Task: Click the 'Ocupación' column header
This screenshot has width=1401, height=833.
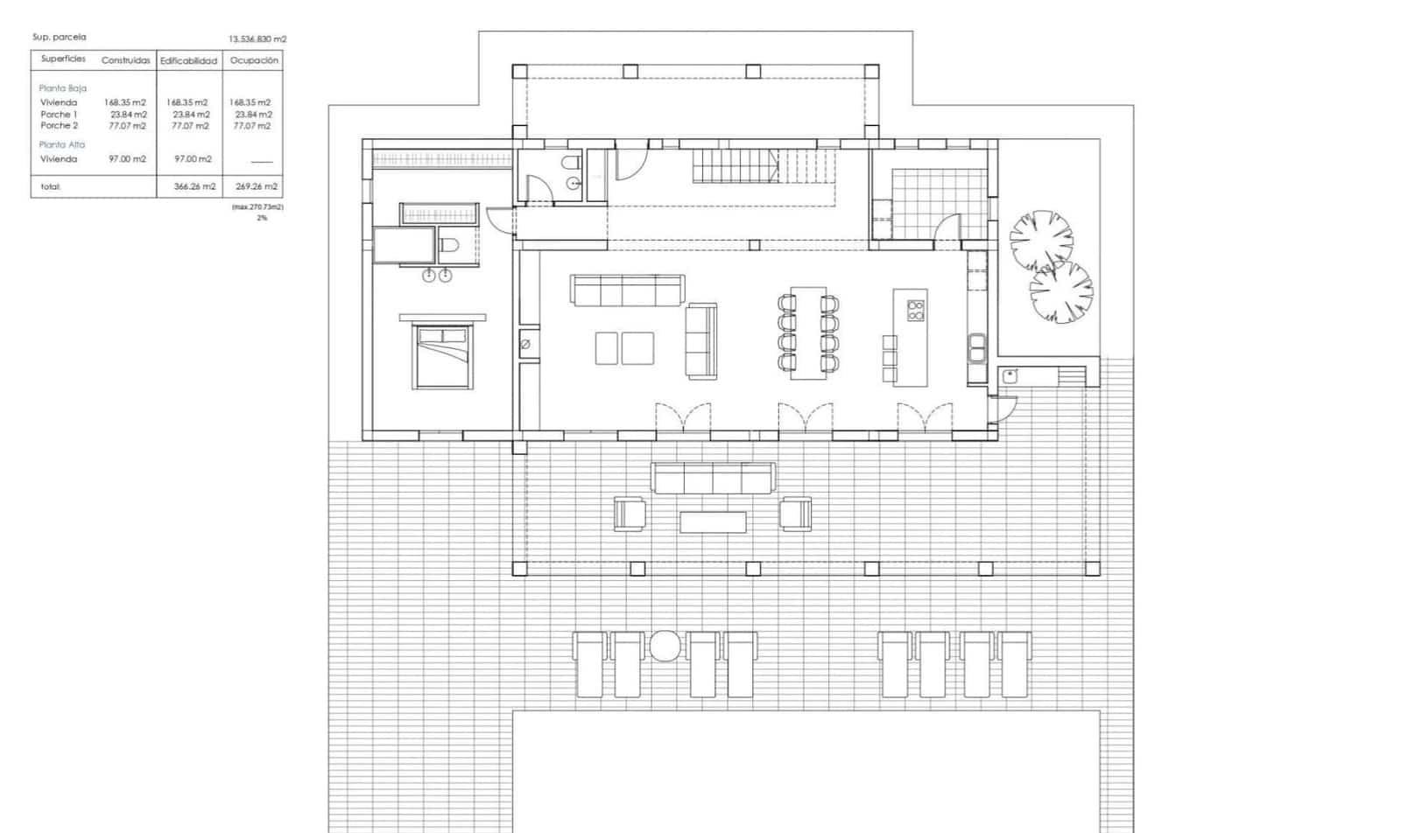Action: pyautogui.click(x=254, y=60)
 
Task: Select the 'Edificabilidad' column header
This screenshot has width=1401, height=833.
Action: pyautogui.click(x=188, y=61)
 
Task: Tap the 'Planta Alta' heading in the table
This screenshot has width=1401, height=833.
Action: pyautogui.click(x=62, y=144)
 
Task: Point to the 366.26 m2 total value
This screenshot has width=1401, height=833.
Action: pyautogui.click(x=194, y=186)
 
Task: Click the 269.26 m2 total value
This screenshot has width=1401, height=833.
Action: pyautogui.click(x=257, y=186)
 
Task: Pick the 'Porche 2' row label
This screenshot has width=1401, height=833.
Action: pyautogui.click(x=60, y=126)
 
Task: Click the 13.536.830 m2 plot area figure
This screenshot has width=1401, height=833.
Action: pyautogui.click(x=257, y=39)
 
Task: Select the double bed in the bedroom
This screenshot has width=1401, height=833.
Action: pyautogui.click(x=443, y=355)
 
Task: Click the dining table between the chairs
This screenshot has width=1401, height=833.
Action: pyautogui.click(x=808, y=332)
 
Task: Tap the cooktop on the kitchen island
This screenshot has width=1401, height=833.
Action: pyautogui.click(x=915, y=310)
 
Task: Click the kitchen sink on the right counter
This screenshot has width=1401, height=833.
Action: pyautogui.click(x=977, y=348)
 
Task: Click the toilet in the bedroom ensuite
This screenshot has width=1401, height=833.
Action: pyautogui.click(x=449, y=245)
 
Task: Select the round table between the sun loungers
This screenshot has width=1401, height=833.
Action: pyautogui.click(x=665, y=646)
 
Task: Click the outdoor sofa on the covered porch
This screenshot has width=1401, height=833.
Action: pyautogui.click(x=713, y=478)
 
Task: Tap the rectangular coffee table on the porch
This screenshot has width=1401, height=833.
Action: pyautogui.click(x=713, y=522)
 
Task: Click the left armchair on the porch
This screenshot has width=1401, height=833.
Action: pyautogui.click(x=629, y=514)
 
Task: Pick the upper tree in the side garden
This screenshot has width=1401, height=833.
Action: pyautogui.click(x=1040, y=238)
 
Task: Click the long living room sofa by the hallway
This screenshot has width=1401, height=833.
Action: pyautogui.click(x=627, y=290)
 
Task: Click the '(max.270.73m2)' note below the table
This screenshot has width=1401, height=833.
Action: pyautogui.click(x=257, y=207)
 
